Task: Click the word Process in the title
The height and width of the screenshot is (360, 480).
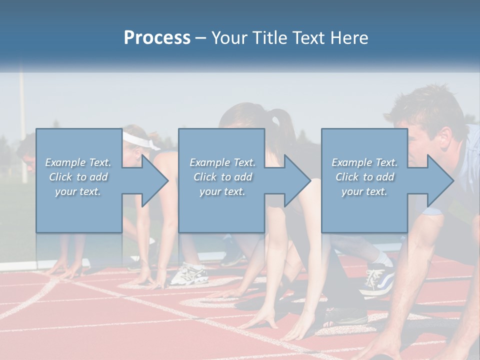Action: pyautogui.click(x=157, y=38)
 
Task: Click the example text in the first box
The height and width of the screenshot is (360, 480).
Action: pyautogui.click(x=78, y=177)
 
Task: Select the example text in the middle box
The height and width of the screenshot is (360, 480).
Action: pyautogui.click(x=222, y=177)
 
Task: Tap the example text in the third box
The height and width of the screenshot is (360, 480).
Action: pyautogui.click(x=364, y=177)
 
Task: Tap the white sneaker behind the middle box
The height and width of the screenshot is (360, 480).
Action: pyautogui.click(x=189, y=274)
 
